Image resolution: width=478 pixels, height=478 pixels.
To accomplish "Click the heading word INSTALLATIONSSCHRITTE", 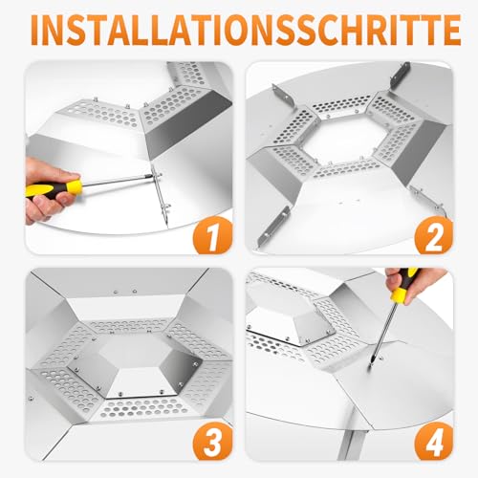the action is (x=246, y=30).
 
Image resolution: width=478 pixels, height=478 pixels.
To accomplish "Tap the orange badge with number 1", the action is (x=213, y=235).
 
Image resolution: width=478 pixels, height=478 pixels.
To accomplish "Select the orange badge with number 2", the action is (x=433, y=235).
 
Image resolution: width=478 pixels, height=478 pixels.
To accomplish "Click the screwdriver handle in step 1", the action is (x=54, y=188).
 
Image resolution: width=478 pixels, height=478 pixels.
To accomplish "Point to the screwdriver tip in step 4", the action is (x=370, y=366).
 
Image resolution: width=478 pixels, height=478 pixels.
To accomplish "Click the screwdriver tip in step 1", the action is (x=155, y=175).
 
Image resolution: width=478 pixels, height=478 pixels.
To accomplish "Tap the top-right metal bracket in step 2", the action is (x=400, y=76).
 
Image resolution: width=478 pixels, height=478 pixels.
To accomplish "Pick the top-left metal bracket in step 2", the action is (x=283, y=97).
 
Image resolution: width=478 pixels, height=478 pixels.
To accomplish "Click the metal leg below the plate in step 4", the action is (x=351, y=437).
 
